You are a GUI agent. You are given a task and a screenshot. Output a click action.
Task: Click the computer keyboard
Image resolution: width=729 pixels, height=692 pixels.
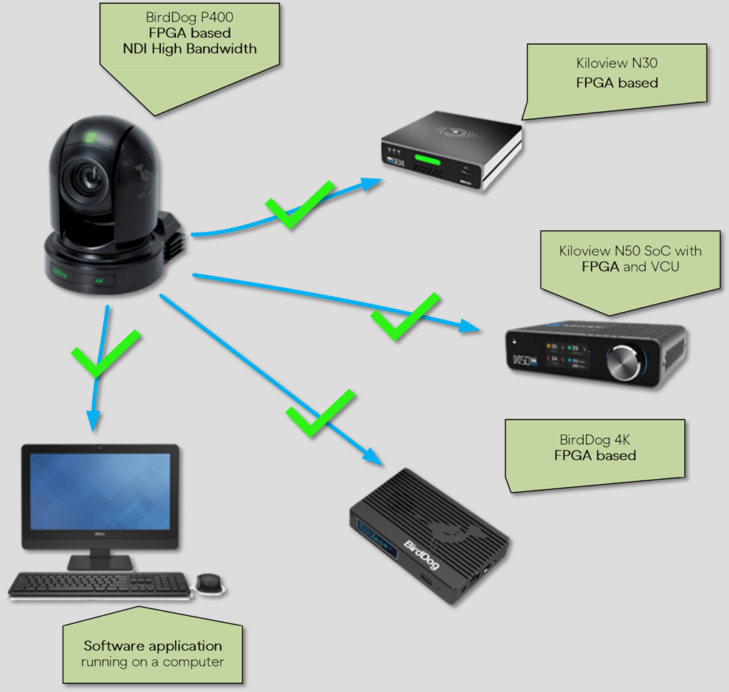tap(100, 584)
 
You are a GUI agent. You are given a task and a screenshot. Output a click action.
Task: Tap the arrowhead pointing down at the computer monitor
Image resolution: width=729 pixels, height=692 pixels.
tap(92, 420)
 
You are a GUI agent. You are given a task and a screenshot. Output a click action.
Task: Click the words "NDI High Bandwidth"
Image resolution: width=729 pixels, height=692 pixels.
tap(189, 49)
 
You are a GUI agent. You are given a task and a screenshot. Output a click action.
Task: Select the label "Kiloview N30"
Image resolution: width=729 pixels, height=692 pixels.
tap(617, 63)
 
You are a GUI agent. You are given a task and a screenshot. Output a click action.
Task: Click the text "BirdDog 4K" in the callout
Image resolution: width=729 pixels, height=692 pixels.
tap(595, 440)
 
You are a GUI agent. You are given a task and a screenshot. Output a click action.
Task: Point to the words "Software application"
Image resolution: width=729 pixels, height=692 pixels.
tap(153, 646)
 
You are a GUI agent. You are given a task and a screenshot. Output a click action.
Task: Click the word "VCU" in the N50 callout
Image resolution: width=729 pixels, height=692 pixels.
tap(664, 267)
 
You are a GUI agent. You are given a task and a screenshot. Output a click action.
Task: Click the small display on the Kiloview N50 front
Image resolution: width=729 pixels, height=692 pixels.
tap(569, 354)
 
